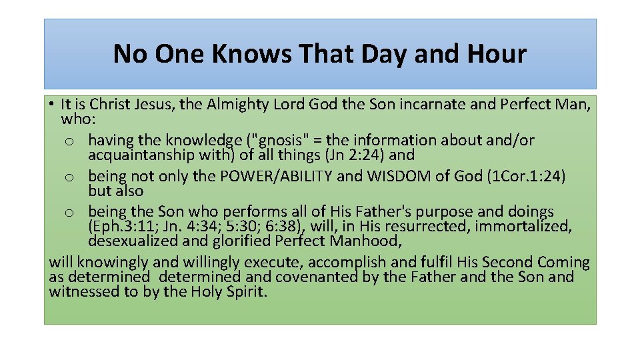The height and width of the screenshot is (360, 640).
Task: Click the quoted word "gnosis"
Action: pyautogui.click(x=281, y=140)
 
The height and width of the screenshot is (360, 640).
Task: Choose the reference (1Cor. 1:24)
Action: pyautogui.click(x=527, y=177)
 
